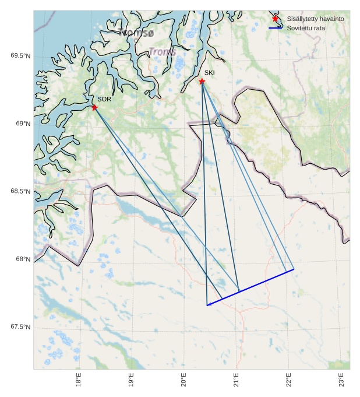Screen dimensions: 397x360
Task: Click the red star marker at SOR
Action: coord(94,107)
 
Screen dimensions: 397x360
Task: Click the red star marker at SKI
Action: coord(202,81)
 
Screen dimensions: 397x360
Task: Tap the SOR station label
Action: coord(104,100)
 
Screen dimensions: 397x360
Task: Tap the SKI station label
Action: coord(209,73)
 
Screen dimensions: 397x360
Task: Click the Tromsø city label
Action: coord(136,33)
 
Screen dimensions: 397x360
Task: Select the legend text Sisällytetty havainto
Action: coord(315,19)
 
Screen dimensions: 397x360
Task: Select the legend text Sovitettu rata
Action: coord(306,28)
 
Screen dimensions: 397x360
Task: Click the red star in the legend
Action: coord(276,19)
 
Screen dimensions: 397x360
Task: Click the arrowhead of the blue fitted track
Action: coord(208,304)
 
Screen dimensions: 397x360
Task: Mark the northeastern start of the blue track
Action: coord(294,269)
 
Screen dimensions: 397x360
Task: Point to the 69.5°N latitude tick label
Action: coord(20,56)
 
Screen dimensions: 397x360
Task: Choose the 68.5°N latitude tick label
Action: coord(20,192)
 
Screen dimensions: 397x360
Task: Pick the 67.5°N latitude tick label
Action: coord(20,327)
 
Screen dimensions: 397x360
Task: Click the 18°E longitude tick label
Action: coord(79,380)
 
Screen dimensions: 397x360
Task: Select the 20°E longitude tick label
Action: coord(183,380)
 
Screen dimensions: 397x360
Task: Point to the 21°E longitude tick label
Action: coord(236,380)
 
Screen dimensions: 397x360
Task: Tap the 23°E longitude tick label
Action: coord(341,380)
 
